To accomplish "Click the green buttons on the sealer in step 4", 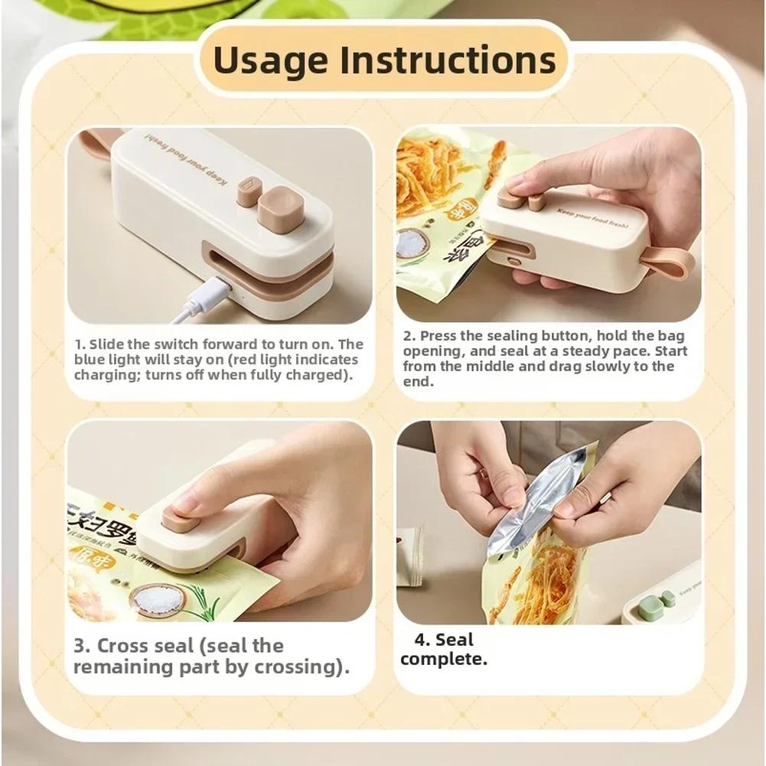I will pos(663,598).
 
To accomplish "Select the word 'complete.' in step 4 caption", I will pos(443,659).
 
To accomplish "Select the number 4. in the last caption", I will pos(423,640).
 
